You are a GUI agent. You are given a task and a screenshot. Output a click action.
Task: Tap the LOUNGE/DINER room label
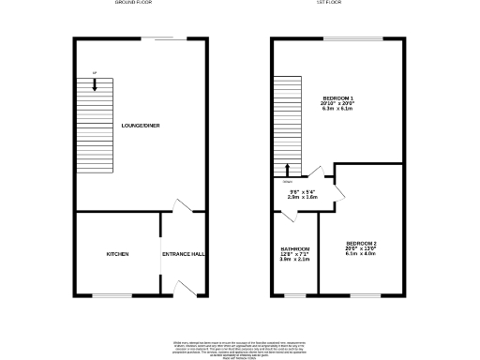coord(141,125)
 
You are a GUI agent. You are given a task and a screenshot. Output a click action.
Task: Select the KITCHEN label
coord(116,253)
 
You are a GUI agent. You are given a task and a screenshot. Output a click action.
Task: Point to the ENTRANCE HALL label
coord(184,253)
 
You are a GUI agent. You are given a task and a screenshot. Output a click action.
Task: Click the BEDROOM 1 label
coord(338,98)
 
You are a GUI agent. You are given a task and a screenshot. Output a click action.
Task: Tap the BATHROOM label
coord(295,248)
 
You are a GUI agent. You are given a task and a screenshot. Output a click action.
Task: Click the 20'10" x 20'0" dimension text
coord(338,104)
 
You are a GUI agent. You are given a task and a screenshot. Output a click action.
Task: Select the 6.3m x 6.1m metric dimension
coord(338,110)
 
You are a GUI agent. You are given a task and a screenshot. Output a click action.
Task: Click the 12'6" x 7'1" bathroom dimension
coord(295,254)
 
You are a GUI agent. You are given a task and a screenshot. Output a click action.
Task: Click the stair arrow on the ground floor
coord(95,84)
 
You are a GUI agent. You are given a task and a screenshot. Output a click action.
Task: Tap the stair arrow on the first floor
coord(287,170)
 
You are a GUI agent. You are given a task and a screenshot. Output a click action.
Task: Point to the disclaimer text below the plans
coord(240,348)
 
